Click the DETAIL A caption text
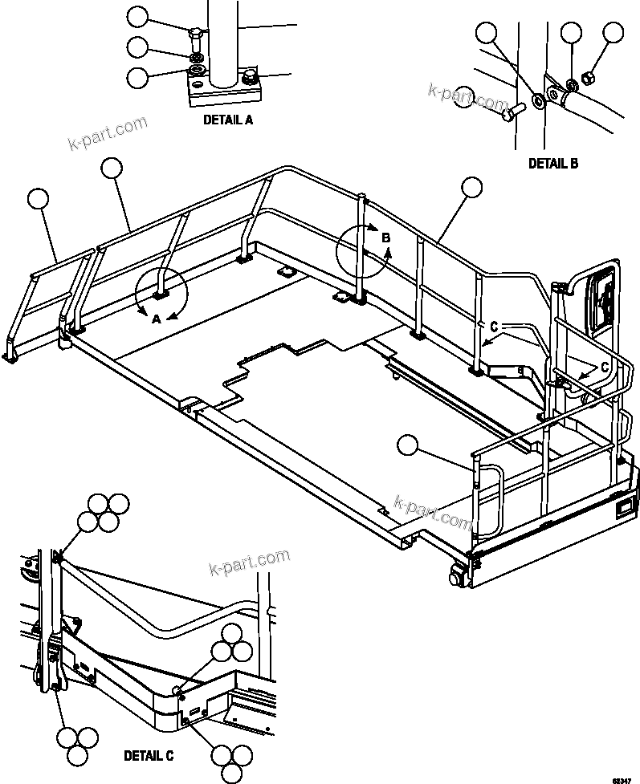(x=227, y=120)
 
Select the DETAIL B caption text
(x=552, y=163)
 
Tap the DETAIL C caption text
(x=149, y=755)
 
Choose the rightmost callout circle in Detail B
(x=614, y=33)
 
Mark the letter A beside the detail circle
(x=157, y=319)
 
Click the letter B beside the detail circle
(x=385, y=238)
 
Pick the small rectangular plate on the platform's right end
(x=622, y=506)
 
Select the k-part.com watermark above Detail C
(x=248, y=562)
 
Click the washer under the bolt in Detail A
(x=195, y=59)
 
